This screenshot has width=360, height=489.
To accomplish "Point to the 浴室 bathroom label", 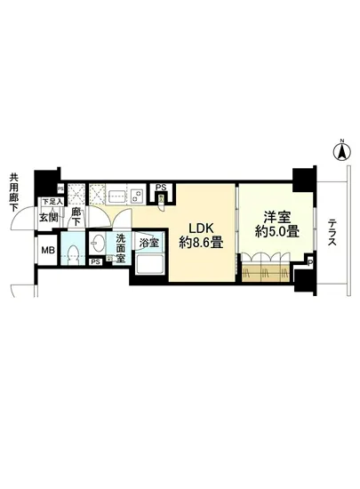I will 148,242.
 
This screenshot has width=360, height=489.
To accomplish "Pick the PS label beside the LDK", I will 160,188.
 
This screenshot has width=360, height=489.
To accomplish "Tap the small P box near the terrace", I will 308,261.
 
